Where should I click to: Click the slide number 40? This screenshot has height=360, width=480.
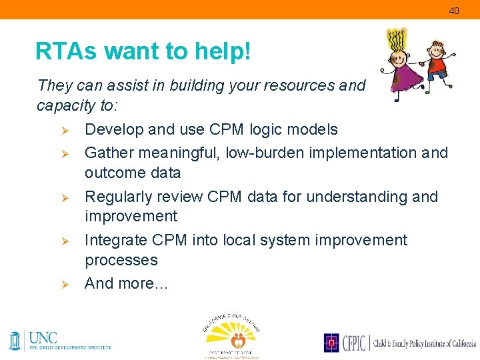(x=454, y=11)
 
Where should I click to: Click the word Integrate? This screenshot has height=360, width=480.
(x=114, y=240)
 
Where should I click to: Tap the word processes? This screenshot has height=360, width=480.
(x=121, y=260)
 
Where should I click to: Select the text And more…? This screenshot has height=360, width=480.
(x=127, y=283)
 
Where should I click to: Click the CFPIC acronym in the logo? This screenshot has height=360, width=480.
(x=353, y=343)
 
